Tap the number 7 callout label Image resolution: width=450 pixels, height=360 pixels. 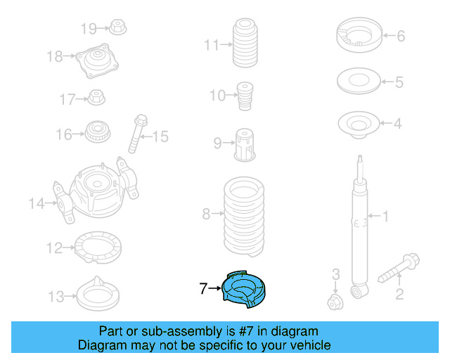click(202, 288)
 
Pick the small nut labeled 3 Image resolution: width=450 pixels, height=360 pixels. click(335, 303)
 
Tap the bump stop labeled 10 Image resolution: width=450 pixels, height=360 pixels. click(245, 95)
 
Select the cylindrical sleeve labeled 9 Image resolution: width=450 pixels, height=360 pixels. click(244, 145)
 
